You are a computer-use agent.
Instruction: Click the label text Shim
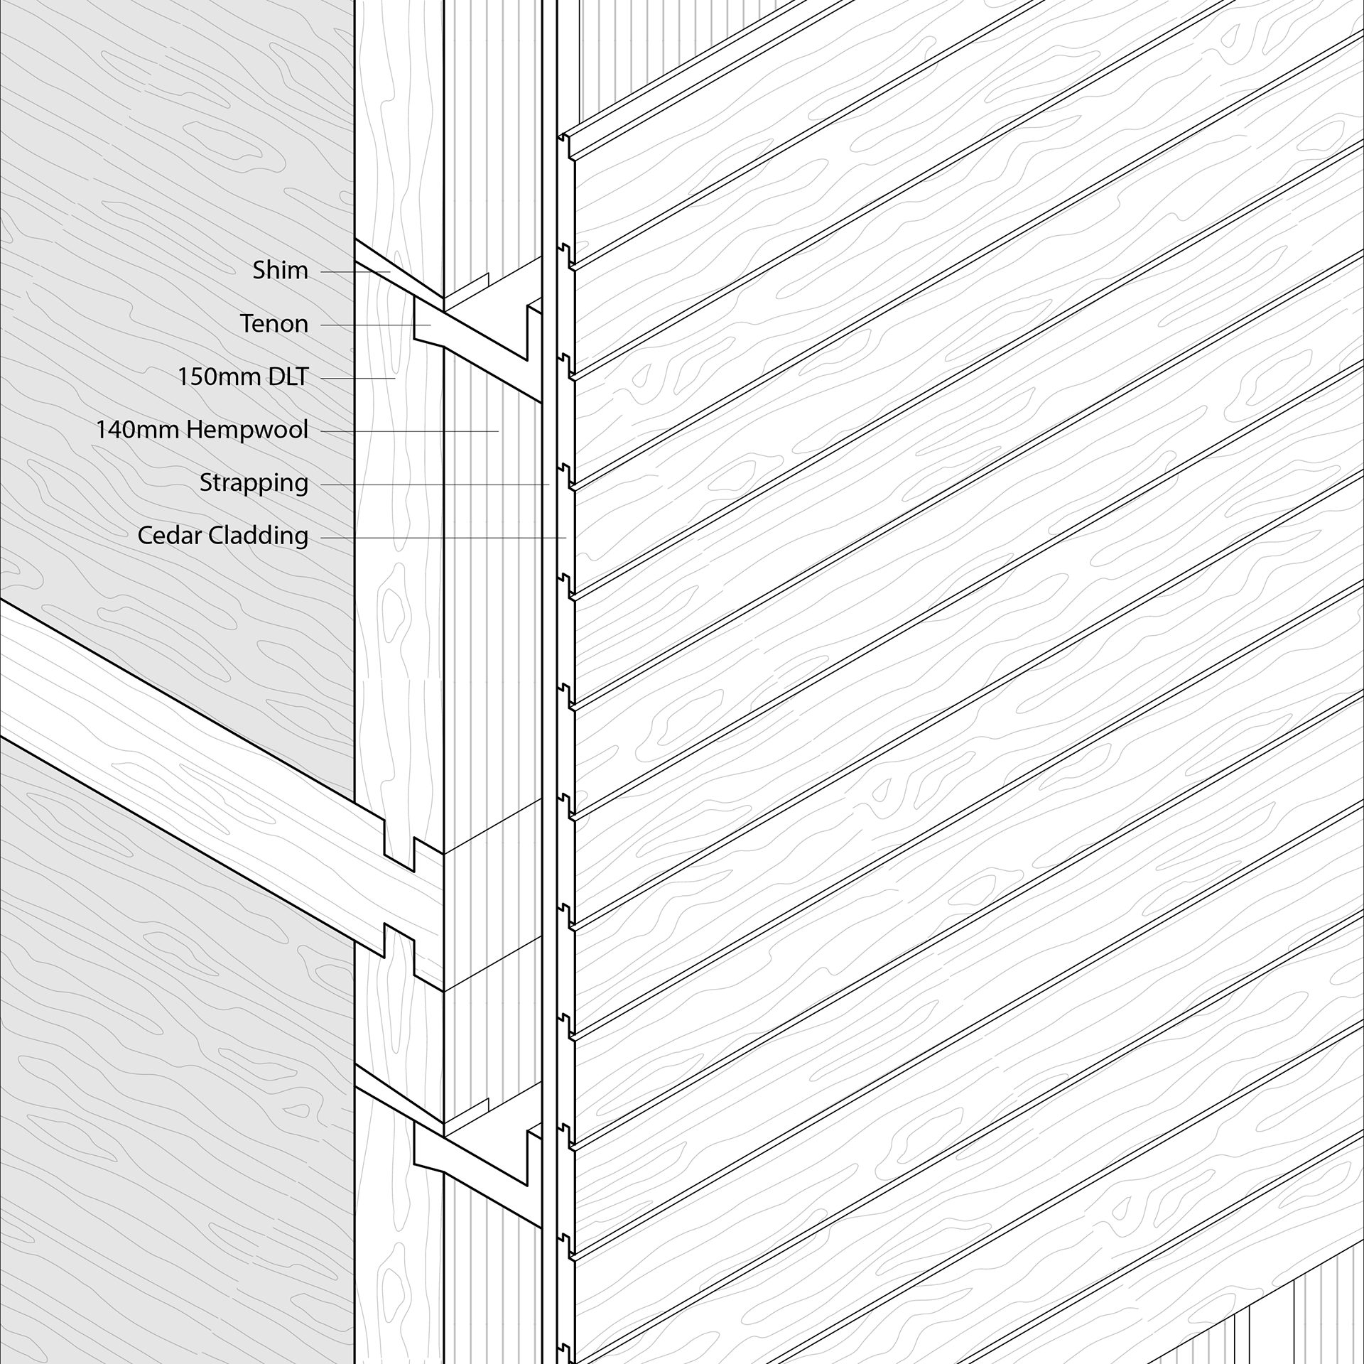[280, 271]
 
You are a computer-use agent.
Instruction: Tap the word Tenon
[274, 324]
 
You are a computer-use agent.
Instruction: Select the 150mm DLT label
[243, 377]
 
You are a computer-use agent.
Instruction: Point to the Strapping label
[254, 483]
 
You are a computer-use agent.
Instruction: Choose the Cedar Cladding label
[222, 536]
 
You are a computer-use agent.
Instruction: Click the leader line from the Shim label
[355, 272]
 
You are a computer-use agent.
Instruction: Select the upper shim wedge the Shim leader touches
[398, 274]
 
